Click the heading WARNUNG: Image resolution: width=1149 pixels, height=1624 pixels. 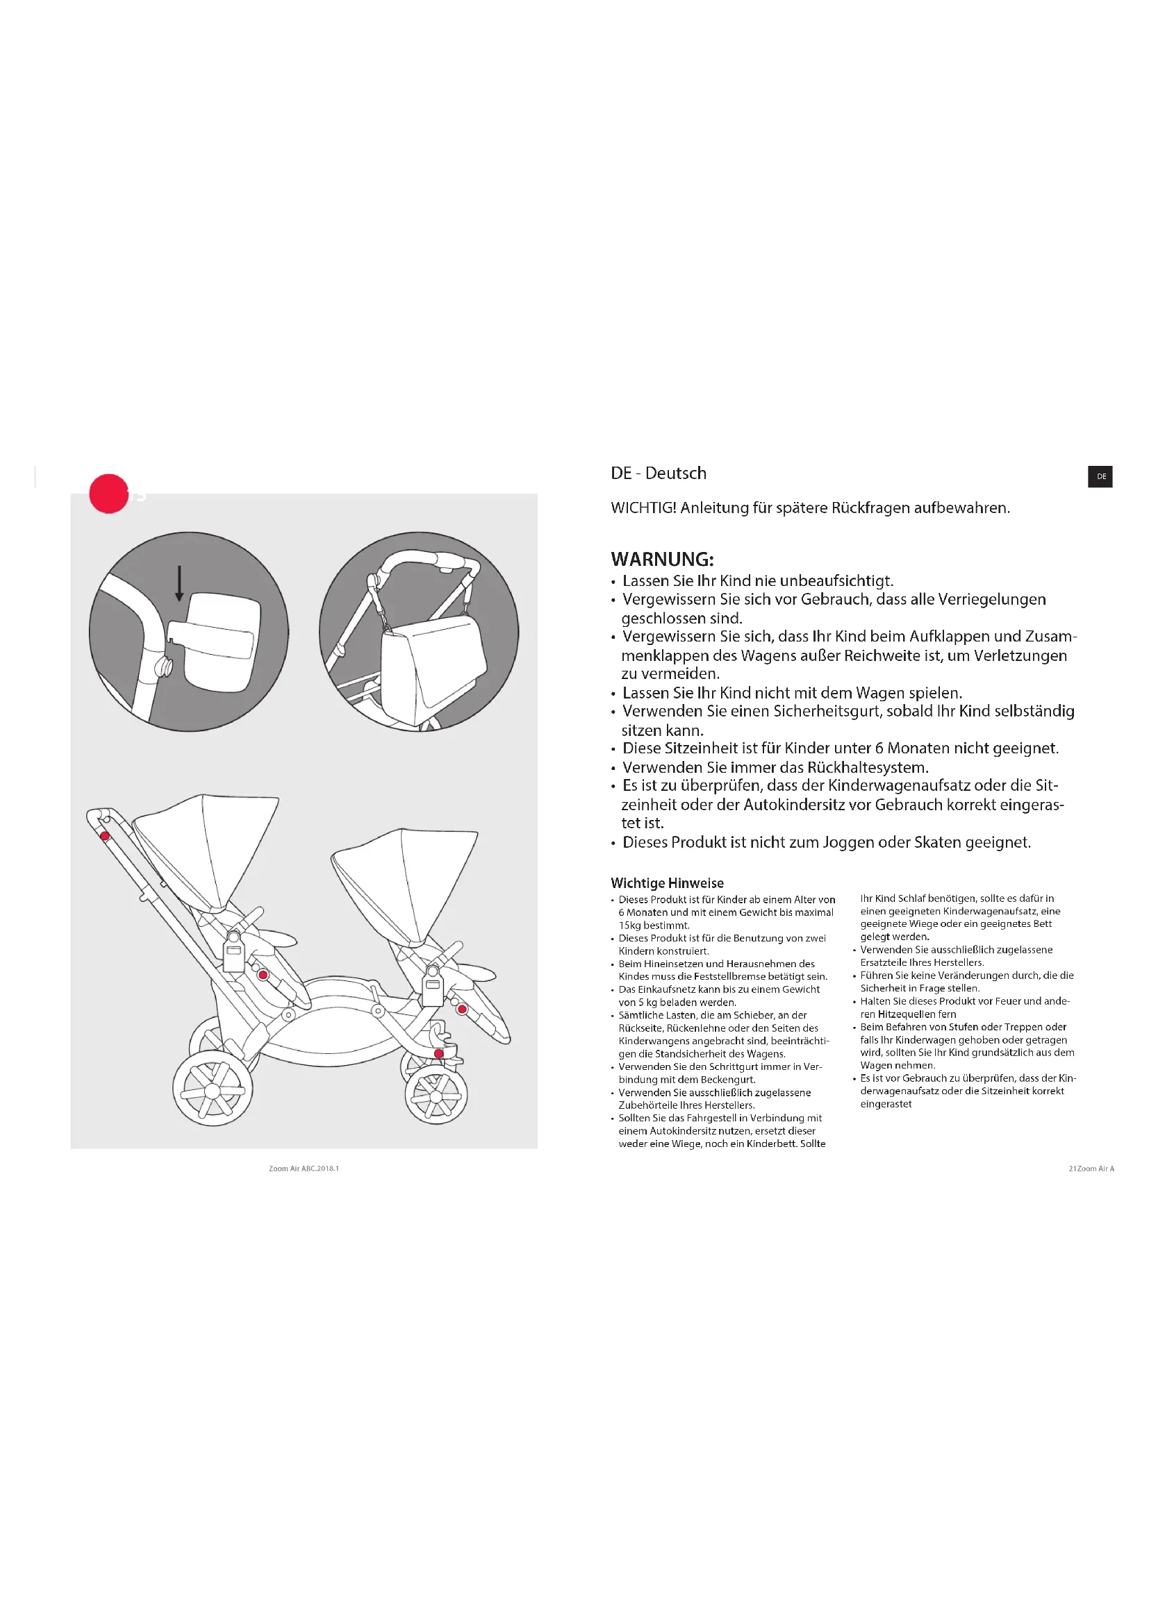pyautogui.click(x=661, y=559)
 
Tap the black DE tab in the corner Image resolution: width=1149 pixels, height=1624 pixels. pyautogui.click(x=1100, y=476)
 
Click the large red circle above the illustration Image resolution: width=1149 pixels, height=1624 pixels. pyautogui.click(x=108, y=493)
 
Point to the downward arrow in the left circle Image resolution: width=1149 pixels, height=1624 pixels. pyautogui.click(x=180, y=583)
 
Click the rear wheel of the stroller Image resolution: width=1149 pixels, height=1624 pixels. pyautogui.click(x=213, y=1089)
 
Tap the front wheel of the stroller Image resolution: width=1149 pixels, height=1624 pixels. pyautogui.click(x=436, y=1096)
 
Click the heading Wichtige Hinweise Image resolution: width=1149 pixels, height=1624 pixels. pyautogui.click(x=666, y=882)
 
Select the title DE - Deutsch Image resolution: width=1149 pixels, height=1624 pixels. pyautogui.click(x=658, y=474)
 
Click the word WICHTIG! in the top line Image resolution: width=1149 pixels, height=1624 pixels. pyautogui.click(x=643, y=508)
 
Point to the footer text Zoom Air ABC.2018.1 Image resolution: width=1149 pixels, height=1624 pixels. pyautogui.click(x=304, y=1169)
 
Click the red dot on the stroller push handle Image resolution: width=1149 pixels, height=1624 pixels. pyautogui.click(x=105, y=836)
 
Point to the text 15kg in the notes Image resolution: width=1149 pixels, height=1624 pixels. pyautogui.click(x=629, y=925)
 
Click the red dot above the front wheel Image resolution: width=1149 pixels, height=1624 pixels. pyautogui.click(x=438, y=1053)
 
